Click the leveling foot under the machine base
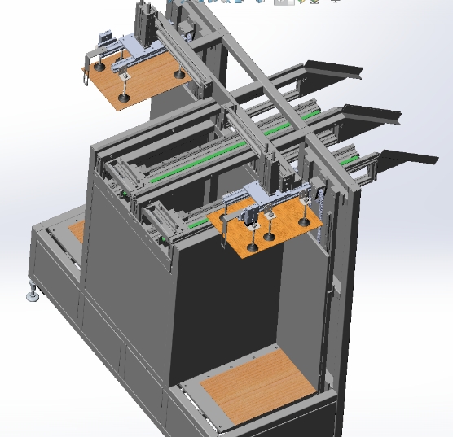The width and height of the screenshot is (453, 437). (33, 294)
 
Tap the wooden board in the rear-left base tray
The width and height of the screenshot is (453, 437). (76, 231)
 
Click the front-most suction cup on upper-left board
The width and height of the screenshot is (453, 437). (124, 97)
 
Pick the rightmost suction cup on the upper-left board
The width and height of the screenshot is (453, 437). (178, 76)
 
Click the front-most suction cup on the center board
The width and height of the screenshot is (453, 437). (253, 246)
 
